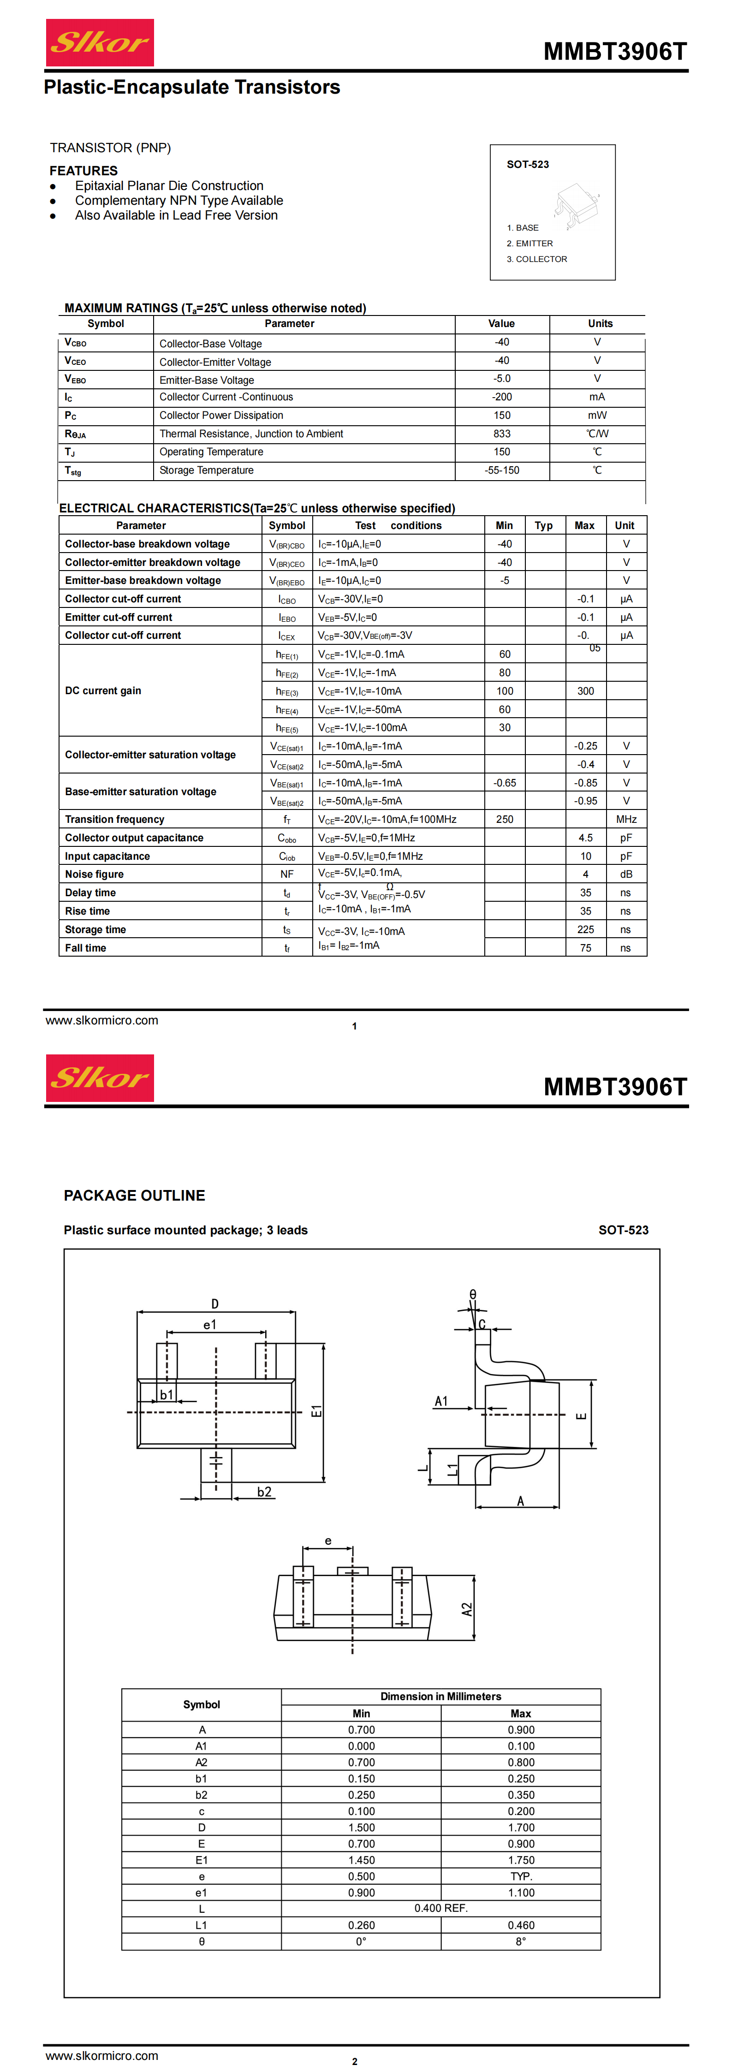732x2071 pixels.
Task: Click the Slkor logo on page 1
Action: (x=100, y=42)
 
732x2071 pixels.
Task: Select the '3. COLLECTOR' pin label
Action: (x=536, y=259)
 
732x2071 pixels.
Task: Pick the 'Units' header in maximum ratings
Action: (x=600, y=324)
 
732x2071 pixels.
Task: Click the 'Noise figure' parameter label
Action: (x=94, y=875)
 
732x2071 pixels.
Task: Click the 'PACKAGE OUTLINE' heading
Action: (x=134, y=1196)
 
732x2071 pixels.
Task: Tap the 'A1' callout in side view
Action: (x=441, y=1401)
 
